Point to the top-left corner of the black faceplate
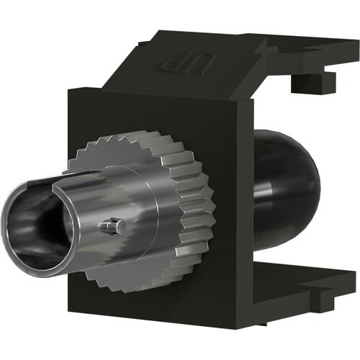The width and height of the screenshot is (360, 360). tap(70, 90)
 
